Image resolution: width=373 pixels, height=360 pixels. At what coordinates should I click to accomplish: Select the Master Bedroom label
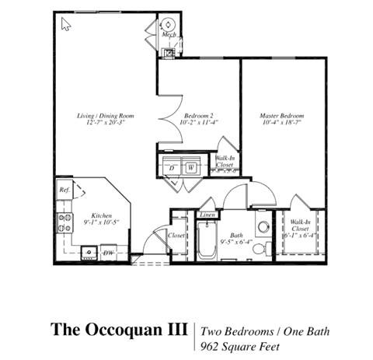281,114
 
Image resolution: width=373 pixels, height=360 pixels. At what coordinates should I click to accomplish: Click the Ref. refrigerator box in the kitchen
64,189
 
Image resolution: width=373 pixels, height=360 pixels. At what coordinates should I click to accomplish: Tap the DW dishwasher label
109,253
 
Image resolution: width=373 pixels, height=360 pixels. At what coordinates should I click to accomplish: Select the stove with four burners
64,224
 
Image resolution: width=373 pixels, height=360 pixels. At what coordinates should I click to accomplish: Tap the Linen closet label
207,215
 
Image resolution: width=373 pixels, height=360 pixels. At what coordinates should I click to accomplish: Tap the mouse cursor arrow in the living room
65,25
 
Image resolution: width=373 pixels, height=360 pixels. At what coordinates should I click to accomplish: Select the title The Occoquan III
119,329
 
